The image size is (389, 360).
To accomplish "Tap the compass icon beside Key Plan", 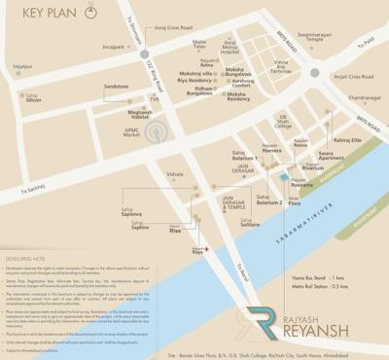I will (90, 14).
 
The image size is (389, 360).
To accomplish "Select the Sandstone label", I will (117, 86).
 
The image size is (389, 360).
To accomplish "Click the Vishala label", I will (174, 174).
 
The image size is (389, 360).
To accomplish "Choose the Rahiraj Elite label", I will (347, 140).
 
